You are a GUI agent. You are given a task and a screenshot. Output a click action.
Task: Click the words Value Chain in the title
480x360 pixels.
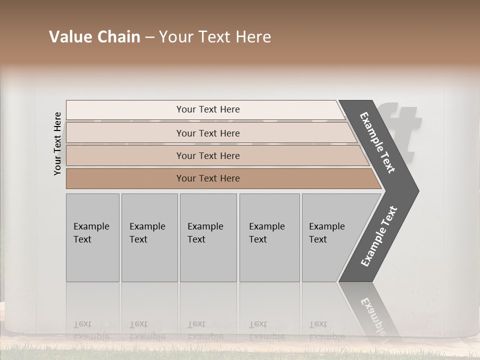pyautogui.click(x=94, y=37)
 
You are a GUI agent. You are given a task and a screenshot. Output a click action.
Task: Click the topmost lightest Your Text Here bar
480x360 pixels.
pyautogui.click(x=207, y=109)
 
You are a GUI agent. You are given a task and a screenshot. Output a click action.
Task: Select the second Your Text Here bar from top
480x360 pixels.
pyautogui.click(x=207, y=133)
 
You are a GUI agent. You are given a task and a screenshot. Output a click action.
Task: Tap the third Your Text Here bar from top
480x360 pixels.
pyautogui.click(x=207, y=155)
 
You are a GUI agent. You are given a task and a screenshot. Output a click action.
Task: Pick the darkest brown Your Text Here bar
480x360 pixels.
pyautogui.click(x=207, y=178)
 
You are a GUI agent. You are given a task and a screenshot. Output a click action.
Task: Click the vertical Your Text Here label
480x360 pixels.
pyautogui.click(x=57, y=143)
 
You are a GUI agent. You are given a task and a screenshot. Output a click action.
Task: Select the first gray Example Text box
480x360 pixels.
pyautogui.click(x=92, y=237)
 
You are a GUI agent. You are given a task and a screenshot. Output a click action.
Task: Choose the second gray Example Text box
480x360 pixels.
pyautogui.click(x=149, y=237)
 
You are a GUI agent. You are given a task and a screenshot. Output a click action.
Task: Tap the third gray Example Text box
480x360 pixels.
pyautogui.click(x=207, y=237)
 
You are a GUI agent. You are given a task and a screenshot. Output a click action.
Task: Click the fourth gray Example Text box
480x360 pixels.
pyautogui.click(x=269, y=237)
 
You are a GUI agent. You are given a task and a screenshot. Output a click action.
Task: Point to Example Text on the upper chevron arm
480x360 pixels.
pyautogui.click(x=378, y=142)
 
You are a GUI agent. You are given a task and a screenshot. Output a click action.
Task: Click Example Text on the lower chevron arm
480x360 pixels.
pyautogui.click(x=378, y=236)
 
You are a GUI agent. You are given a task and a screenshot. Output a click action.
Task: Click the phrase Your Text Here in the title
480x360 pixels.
pyautogui.click(x=215, y=37)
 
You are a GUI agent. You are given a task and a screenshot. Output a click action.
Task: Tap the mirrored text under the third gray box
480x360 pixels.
pyautogui.click(x=205, y=330)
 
